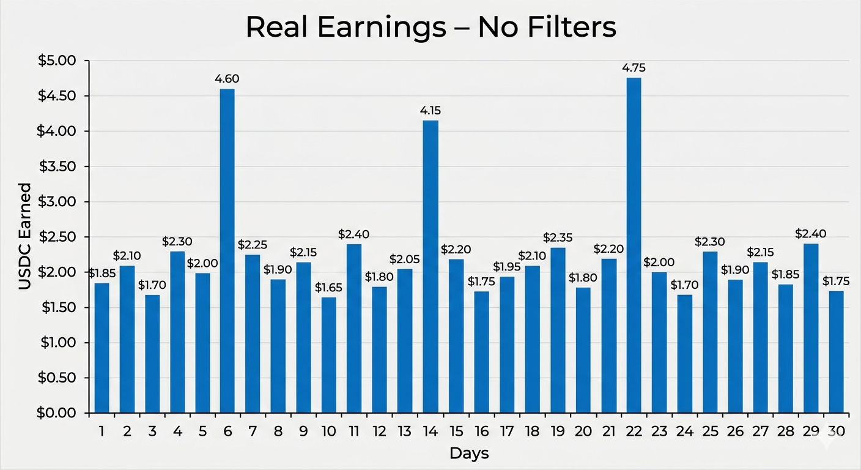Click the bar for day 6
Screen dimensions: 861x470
tap(227, 251)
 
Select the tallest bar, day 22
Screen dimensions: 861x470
tap(634, 245)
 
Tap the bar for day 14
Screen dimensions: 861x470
tap(430, 267)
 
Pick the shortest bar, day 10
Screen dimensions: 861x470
tap(328, 355)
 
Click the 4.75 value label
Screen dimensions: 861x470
tap(634, 68)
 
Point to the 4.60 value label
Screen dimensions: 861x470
tap(227, 79)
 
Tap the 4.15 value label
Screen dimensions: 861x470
tap(430, 111)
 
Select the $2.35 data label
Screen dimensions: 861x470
tap(558, 237)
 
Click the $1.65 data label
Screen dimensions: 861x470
tap(328, 288)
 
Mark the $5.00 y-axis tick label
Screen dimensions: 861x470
tap(57, 61)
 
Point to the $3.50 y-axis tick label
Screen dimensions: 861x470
tap(57, 166)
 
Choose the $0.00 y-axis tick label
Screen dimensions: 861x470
tap(56, 412)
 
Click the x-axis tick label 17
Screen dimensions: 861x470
tap(507, 431)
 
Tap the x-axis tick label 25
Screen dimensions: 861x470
tap(710, 431)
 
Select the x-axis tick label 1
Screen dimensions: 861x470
tap(102, 431)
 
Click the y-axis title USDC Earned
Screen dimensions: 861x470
tap(24, 236)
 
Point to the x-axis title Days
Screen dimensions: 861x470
tap(469, 454)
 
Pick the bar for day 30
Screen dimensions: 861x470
tap(837, 352)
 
